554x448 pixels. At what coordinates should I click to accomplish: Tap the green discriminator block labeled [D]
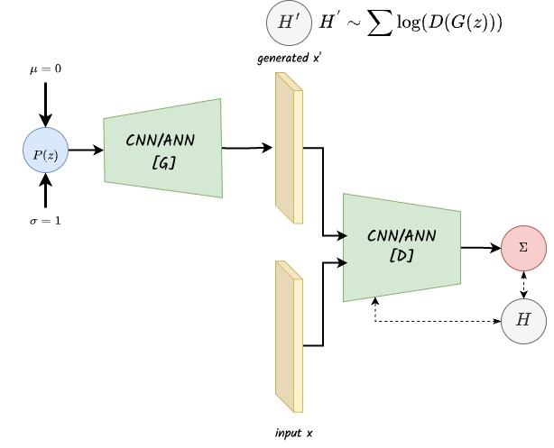[402, 246]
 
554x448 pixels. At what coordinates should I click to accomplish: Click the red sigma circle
[524, 246]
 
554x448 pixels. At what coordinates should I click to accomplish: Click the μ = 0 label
[46, 69]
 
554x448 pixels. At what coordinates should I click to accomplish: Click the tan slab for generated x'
[286, 149]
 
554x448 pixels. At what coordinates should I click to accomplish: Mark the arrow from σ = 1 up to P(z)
[46, 191]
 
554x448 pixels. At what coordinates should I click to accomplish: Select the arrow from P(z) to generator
[86, 150]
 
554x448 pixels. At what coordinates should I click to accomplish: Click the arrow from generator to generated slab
[245, 147]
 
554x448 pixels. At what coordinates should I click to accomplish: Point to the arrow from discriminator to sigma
[481, 246]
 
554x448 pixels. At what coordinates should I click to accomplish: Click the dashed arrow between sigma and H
[524, 284]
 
